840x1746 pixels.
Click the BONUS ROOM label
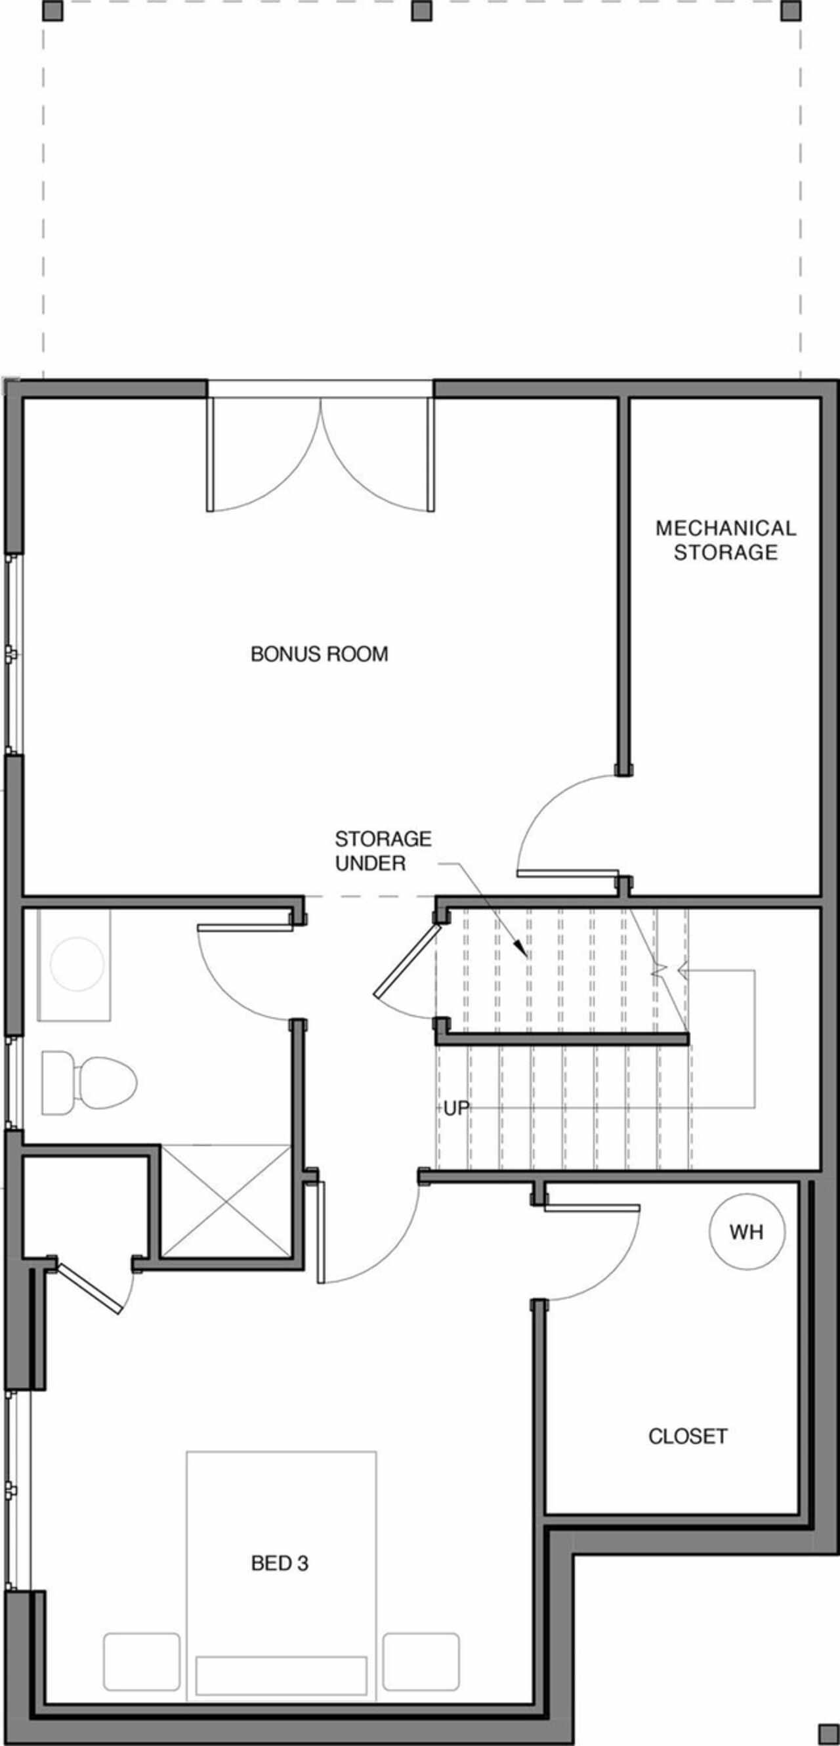tap(319, 654)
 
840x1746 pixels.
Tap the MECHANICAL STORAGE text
tap(726, 540)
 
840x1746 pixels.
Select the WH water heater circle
tap(747, 1231)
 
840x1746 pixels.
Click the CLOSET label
tap(688, 1436)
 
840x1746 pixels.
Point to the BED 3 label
tap(279, 1563)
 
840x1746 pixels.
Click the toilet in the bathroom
tap(89, 1082)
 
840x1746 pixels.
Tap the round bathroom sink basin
tap(77, 964)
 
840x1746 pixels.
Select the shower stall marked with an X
tap(226, 1201)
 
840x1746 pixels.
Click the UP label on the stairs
tap(456, 1108)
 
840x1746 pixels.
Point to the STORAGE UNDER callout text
tap(383, 851)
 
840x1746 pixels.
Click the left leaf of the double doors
tap(210, 454)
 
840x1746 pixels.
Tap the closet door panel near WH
tap(592, 1207)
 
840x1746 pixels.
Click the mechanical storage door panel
tap(568, 873)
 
